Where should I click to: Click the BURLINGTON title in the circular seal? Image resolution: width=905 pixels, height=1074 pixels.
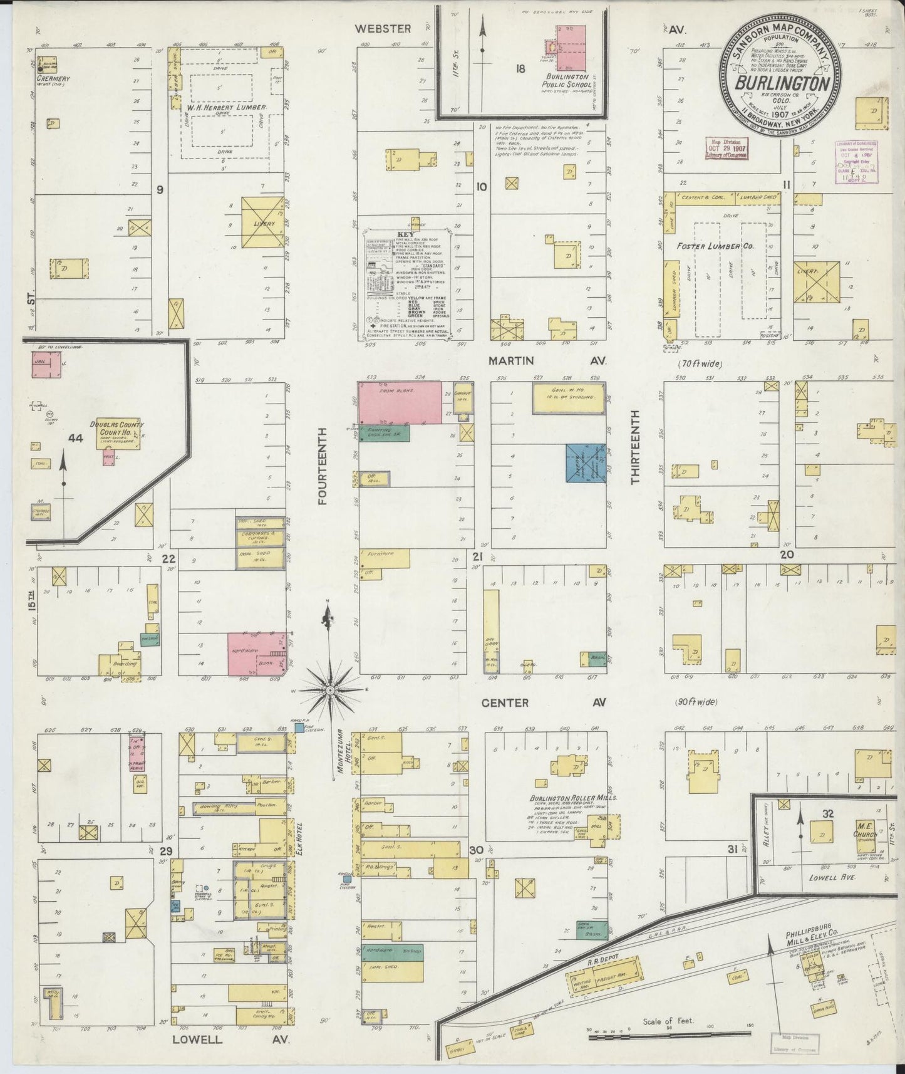click(783, 83)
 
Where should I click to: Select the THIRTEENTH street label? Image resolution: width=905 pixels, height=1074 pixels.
click(634, 447)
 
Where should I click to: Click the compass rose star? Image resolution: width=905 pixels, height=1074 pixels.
click(329, 690)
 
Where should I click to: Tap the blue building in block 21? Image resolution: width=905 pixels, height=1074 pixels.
click(586, 463)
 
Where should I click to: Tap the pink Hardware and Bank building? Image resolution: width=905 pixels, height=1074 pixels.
click(256, 653)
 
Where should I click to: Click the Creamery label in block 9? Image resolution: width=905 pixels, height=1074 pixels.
click(53, 79)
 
